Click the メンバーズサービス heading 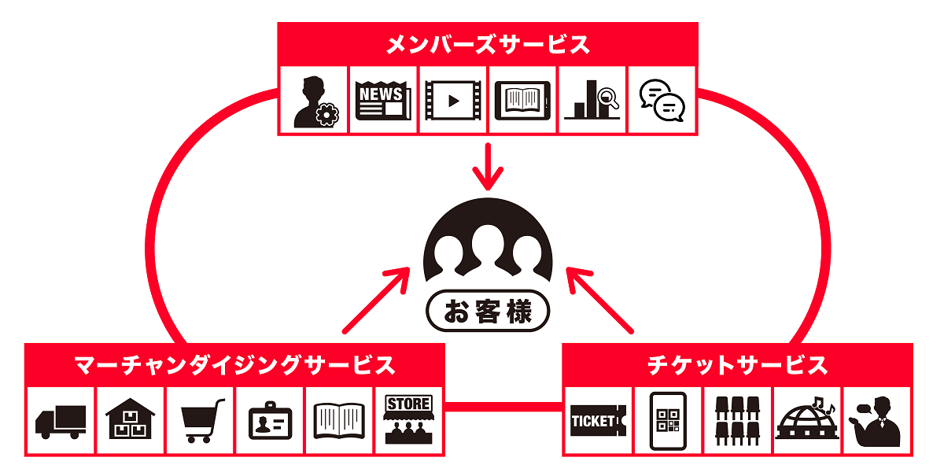pyautogui.click(x=488, y=44)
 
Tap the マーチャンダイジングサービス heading pyautogui.click(x=234, y=365)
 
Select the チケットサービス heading pyautogui.click(x=737, y=365)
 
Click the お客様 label pyautogui.click(x=488, y=312)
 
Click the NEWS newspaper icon pyautogui.click(x=384, y=101)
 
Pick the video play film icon pyautogui.click(x=453, y=101)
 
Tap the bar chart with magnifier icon pyautogui.click(x=592, y=101)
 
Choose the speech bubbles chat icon pyautogui.click(x=662, y=101)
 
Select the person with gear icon pyautogui.click(x=314, y=101)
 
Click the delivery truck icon pyautogui.click(x=61, y=421)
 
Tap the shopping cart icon pyautogui.click(x=200, y=421)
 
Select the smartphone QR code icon pyautogui.click(x=668, y=421)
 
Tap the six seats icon pyautogui.click(x=737, y=421)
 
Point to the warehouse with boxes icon pyautogui.click(x=130, y=420)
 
